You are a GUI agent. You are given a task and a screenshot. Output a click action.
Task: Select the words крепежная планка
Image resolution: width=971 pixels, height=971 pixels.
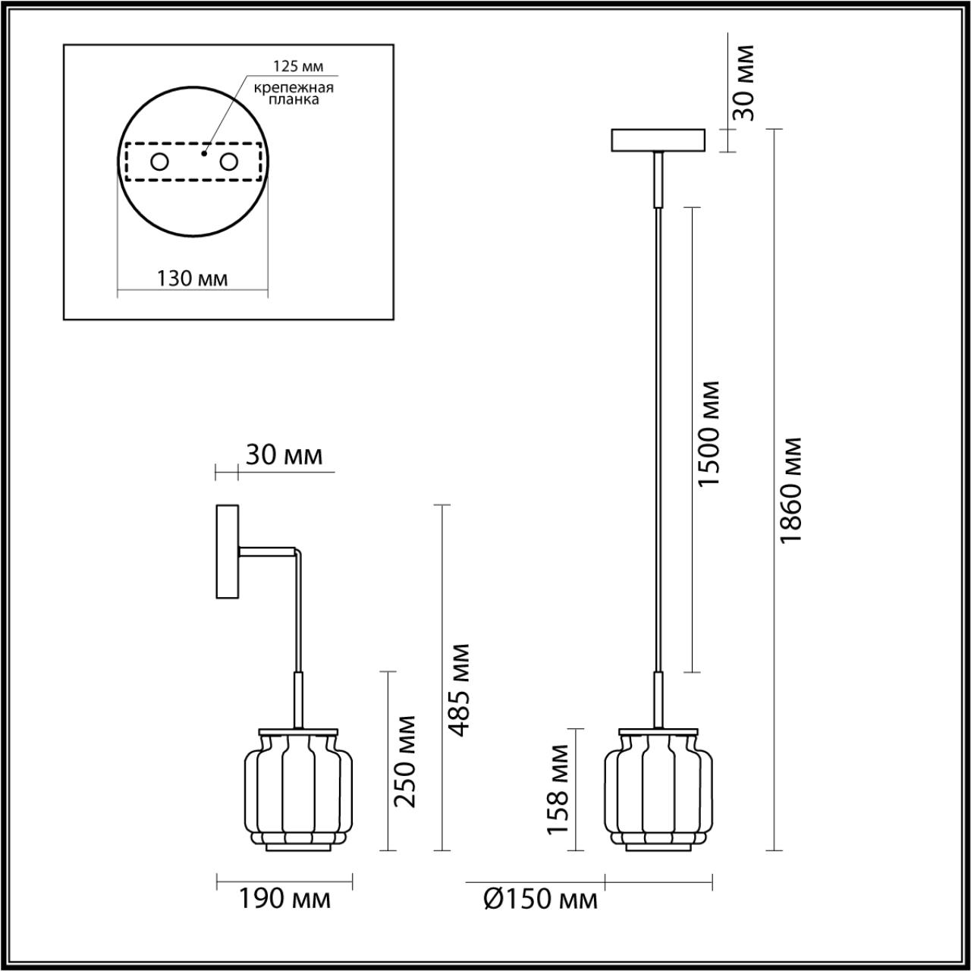point(294,93)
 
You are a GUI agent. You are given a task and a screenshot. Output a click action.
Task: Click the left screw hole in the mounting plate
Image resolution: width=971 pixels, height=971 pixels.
point(160,162)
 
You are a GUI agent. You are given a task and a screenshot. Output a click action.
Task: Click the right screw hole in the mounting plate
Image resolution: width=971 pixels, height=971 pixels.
point(228,162)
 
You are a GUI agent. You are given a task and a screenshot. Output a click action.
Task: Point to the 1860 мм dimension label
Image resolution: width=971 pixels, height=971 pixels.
point(791,490)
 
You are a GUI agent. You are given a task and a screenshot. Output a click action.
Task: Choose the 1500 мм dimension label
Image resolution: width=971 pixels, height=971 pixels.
point(709,434)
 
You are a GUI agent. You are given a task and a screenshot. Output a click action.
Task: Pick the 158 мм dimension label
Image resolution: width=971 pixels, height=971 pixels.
point(559,789)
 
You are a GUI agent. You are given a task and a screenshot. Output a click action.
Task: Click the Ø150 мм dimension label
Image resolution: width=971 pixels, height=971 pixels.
point(539,900)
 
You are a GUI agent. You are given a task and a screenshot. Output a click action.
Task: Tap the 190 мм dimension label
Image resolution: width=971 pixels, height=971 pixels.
point(284,900)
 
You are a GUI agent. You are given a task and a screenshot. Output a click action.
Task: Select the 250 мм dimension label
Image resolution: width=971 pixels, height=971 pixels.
point(406,761)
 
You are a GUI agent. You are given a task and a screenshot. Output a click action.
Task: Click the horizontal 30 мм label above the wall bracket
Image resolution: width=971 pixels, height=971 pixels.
point(284,455)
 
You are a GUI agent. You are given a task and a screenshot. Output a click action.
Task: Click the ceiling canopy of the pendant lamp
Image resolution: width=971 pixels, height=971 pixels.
point(658,140)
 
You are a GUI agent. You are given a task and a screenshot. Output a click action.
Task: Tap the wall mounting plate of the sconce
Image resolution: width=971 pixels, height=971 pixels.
point(228,551)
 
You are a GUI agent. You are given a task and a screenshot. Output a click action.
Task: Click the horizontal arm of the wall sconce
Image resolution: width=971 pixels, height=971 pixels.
point(267,553)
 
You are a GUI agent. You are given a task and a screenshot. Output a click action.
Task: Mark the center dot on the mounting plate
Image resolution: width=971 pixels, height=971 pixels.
point(203,152)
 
